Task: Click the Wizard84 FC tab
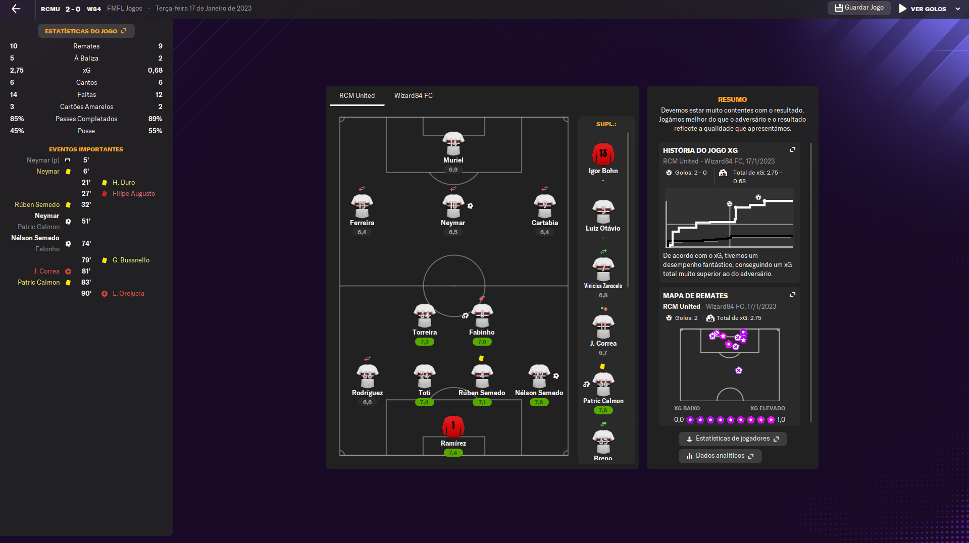(x=413, y=95)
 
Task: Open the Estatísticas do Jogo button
(x=86, y=31)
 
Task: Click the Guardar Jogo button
(x=859, y=8)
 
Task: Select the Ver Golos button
(x=928, y=9)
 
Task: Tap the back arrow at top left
(x=16, y=9)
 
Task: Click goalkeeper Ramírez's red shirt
(x=453, y=426)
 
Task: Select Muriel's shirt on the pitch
(x=453, y=143)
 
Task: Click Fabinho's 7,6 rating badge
(x=482, y=342)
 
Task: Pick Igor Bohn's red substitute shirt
(x=603, y=154)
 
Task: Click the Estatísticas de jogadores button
(x=732, y=439)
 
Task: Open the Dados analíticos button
(x=720, y=456)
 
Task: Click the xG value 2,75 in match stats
(x=17, y=70)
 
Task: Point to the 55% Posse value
(x=155, y=131)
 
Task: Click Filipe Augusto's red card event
(x=133, y=193)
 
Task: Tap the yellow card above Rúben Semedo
(x=481, y=358)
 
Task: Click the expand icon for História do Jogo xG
(x=793, y=149)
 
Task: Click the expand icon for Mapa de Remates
(x=793, y=295)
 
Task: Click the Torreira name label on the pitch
(x=424, y=332)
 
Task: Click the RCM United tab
(x=356, y=95)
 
